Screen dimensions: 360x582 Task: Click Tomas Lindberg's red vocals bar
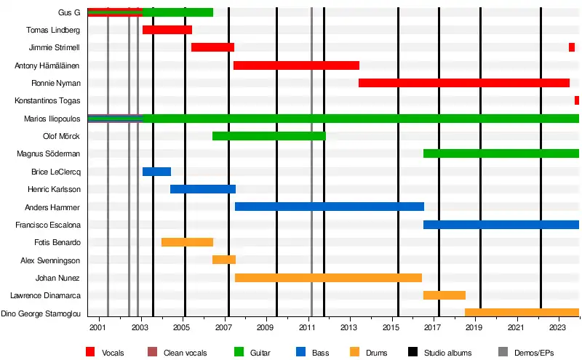pyautogui.click(x=167, y=30)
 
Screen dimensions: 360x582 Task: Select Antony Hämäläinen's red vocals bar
pyautogui.click(x=296, y=65)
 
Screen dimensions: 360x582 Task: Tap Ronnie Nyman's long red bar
pyautogui.click(x=463, y=83)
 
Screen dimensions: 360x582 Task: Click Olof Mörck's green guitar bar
pyautogui.click(x=268, y=136)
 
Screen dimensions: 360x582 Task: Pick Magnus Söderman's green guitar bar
pyautogui.click(x=501, y=153)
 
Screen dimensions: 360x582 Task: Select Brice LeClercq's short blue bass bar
pyautogui.click(x=156, y=172)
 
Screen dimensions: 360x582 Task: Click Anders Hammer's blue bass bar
pyautogui.click(x=329, y=207)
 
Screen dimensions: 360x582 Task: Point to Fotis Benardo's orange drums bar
pyautogui.click(x=187, y=242)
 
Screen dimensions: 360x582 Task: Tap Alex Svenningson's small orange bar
pyautogui.click(x=223, y=260)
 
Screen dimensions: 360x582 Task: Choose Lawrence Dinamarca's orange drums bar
pyautogui.click(x=444, y=295)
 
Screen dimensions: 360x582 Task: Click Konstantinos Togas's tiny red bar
pyautogui.click(x=576, y=100)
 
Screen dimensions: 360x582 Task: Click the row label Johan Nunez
pyautogui.click(x=57, y=278)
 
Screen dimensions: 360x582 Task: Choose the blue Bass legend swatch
pyautogui.click(x=300, y=353)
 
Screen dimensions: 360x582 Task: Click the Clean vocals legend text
pyautogui.click(x=186, y=353)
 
